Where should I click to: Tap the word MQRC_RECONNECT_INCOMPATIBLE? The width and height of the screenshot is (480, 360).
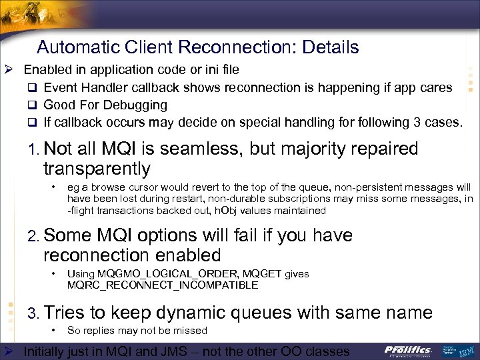[x=162, y=285]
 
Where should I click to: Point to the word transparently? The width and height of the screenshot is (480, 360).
[x=97, y=169]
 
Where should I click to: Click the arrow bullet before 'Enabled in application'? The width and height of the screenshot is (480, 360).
[x=10, y=70]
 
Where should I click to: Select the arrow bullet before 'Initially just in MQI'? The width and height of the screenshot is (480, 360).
[x=10, y=351]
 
